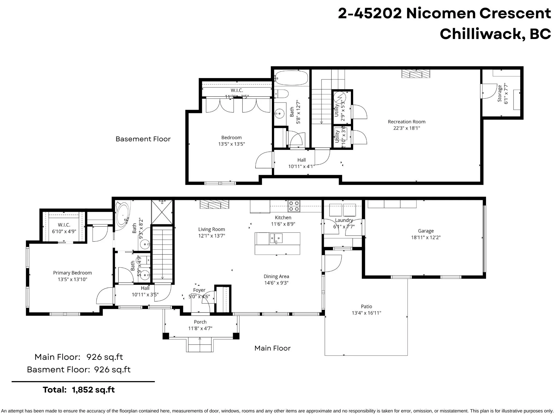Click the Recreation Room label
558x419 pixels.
coord(407,122)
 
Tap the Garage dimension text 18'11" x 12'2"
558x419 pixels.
coord(426,237)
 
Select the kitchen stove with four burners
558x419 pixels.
coord(294,206)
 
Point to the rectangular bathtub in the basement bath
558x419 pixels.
coord(291,78)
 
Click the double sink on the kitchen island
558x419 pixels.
coord(276,238)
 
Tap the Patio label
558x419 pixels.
coord(366,306)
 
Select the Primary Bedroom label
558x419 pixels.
coord(72,273)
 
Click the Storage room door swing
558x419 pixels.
coord(490,91)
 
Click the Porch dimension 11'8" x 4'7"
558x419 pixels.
coord(200,328)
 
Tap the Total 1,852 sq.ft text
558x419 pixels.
coord(79,390)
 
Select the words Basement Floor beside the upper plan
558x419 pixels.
coord(143,139)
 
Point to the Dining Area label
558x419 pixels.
coord(276,276)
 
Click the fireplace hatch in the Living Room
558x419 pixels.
coord(214,204)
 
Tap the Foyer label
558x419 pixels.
coord(199,290)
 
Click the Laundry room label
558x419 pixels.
coord(344,220)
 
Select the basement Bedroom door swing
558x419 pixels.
coord(264,161)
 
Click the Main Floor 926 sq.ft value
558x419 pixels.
coord(104,357)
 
